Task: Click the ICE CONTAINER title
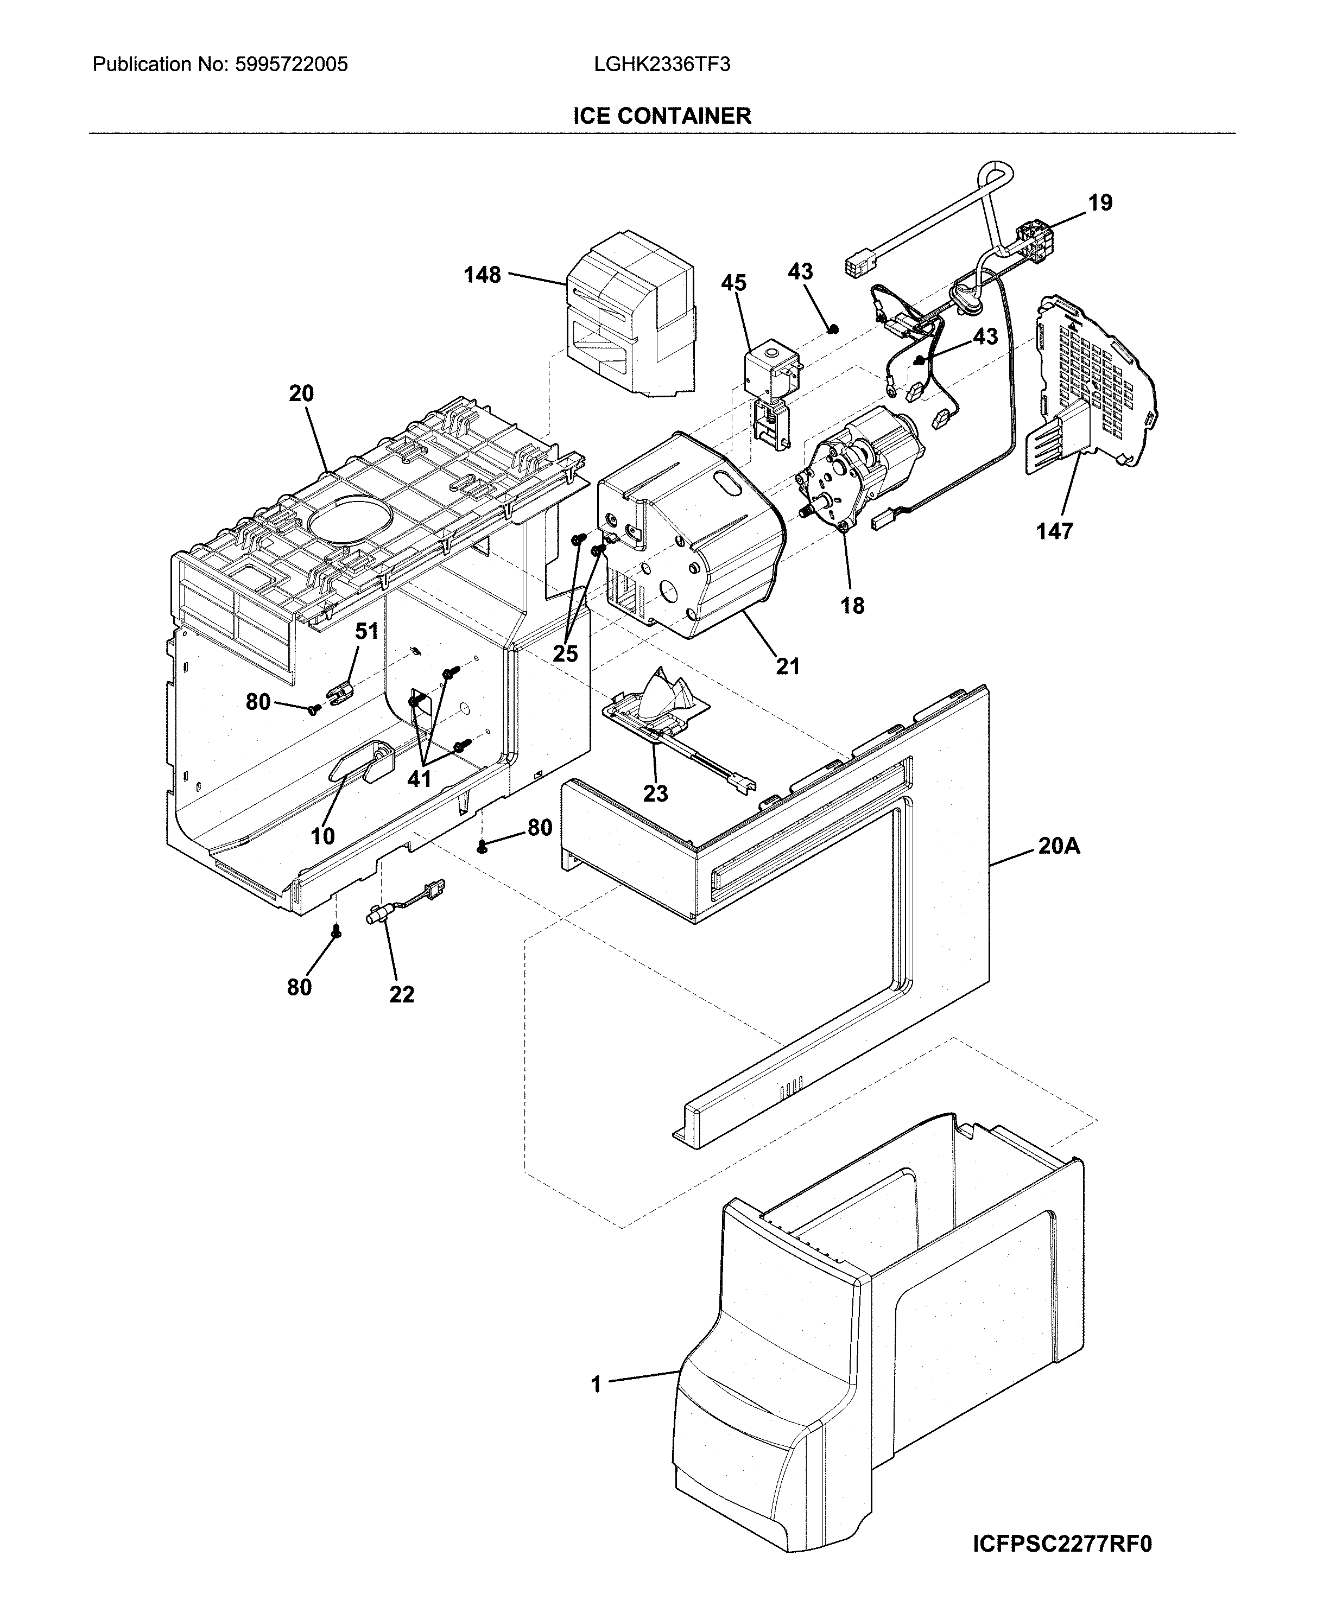tap(662, 116)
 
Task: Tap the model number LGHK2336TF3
tap(662, 65)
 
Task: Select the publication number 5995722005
tap(292, 65)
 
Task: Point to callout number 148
tap(483, 275)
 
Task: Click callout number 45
tap(733, 284)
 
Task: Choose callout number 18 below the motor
tap(853, 606)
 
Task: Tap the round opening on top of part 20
tap(351, 519)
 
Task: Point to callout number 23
tap(655, 794)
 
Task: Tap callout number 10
tap(322, 836)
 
